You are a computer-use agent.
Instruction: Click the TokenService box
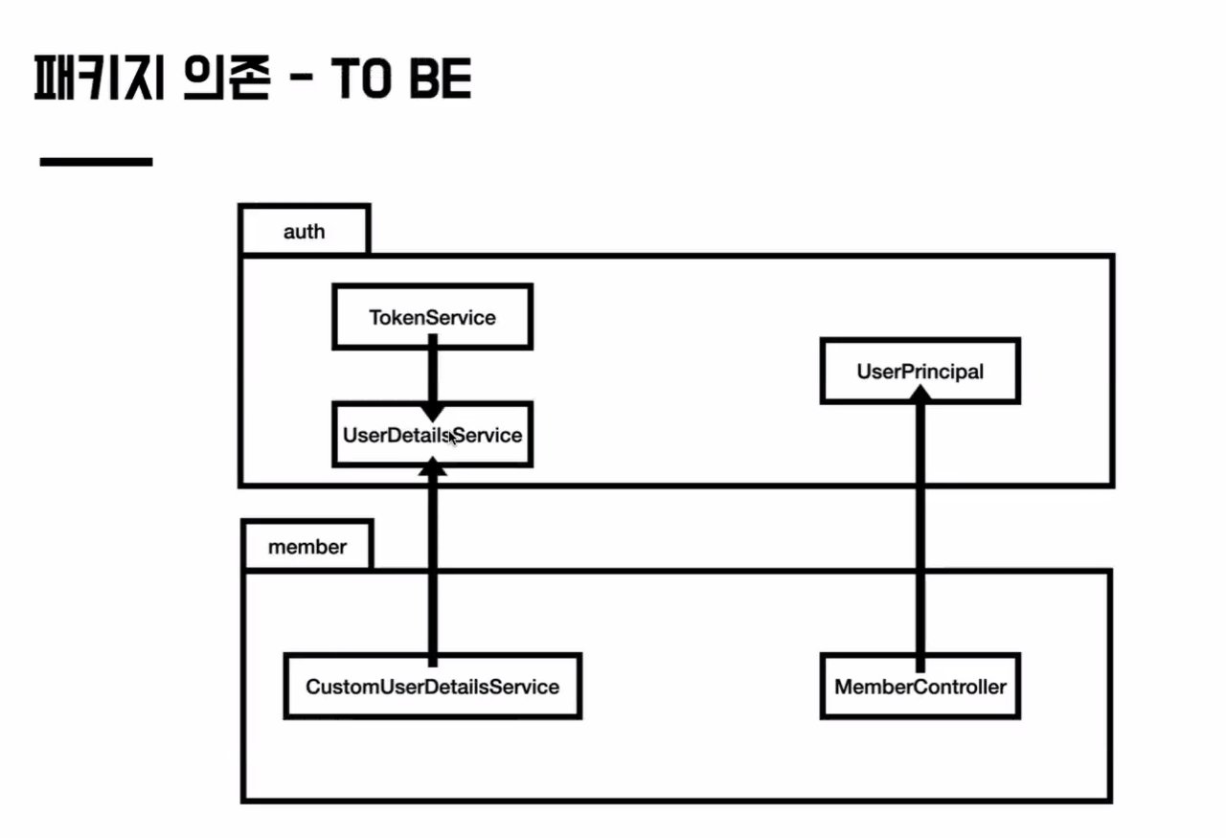pos(432,317)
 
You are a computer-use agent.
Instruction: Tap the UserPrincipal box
pos(919,372)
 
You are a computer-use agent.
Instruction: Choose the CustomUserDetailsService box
pos(432,687)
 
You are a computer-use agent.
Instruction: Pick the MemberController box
pos(919,687)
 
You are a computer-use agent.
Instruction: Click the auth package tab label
pos(305,231)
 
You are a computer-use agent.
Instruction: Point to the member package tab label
pos(306,547)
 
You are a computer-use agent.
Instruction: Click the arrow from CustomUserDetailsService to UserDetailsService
pos(432,565)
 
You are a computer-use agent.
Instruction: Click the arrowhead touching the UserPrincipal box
pos(919,410)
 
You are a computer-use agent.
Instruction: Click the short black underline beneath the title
pos(96,162)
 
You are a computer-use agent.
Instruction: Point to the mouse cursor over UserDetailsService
pos(453,438)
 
